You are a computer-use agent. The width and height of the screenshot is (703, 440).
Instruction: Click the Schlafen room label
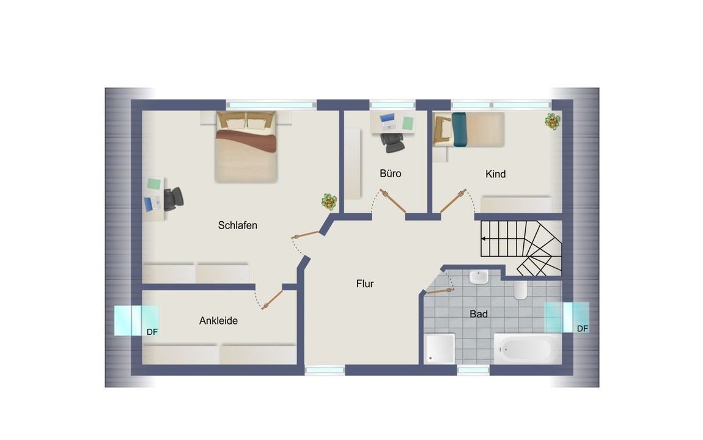tap(238, 226)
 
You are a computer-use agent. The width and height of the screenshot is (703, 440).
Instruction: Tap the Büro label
tap(391, 174)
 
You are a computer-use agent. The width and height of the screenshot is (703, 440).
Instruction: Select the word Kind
tap(495, 174)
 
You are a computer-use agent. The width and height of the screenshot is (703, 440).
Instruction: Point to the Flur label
tap(365, 284)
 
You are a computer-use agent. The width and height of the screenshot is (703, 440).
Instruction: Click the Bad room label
tap(479, 314)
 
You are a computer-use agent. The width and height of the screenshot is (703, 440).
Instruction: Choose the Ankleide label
tap(218, 321)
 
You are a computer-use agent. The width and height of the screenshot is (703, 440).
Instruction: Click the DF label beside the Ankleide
tap(152, 332)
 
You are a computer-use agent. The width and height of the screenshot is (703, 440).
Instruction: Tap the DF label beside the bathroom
tap(583, 329)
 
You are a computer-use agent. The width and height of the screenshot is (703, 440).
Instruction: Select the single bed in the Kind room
tap(468, 130)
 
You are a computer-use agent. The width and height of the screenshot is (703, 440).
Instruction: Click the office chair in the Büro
tap(392, 142)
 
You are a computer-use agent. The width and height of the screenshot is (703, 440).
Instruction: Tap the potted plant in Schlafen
tap(329, 202)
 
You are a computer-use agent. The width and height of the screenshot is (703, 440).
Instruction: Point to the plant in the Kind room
tap(553, 121)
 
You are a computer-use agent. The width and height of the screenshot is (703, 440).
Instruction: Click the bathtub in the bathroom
tap(528, 348)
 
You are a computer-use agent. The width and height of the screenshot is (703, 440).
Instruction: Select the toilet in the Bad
tap(520, 290)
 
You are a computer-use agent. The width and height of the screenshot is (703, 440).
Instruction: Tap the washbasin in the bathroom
tap(479, 277)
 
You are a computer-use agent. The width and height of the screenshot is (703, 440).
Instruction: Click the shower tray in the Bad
tap(440, 348)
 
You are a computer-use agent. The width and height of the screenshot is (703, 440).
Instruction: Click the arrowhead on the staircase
tap(484, 239)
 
